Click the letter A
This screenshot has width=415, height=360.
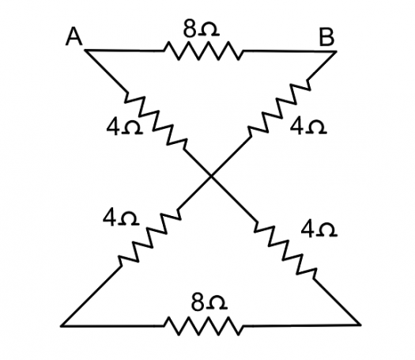74,36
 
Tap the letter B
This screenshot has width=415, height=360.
326,37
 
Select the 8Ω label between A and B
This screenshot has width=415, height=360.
201,28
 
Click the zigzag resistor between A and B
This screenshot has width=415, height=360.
203,51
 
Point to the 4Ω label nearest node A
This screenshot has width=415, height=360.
124,127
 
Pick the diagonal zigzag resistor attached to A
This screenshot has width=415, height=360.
156,121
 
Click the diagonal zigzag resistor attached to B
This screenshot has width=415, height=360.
279,108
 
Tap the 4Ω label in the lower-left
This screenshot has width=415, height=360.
121,218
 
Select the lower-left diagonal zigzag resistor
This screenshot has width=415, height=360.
149,237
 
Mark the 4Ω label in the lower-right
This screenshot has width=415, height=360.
319,229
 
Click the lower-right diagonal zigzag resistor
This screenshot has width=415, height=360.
285,250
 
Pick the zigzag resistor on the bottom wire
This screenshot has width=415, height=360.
203,326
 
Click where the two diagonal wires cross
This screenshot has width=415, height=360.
211,176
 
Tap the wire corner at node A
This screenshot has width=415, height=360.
85,51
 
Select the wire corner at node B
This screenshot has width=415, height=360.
336,51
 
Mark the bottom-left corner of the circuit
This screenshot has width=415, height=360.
62,326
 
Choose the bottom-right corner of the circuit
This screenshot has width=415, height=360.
360,324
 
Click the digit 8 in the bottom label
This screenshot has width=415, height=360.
198,302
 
